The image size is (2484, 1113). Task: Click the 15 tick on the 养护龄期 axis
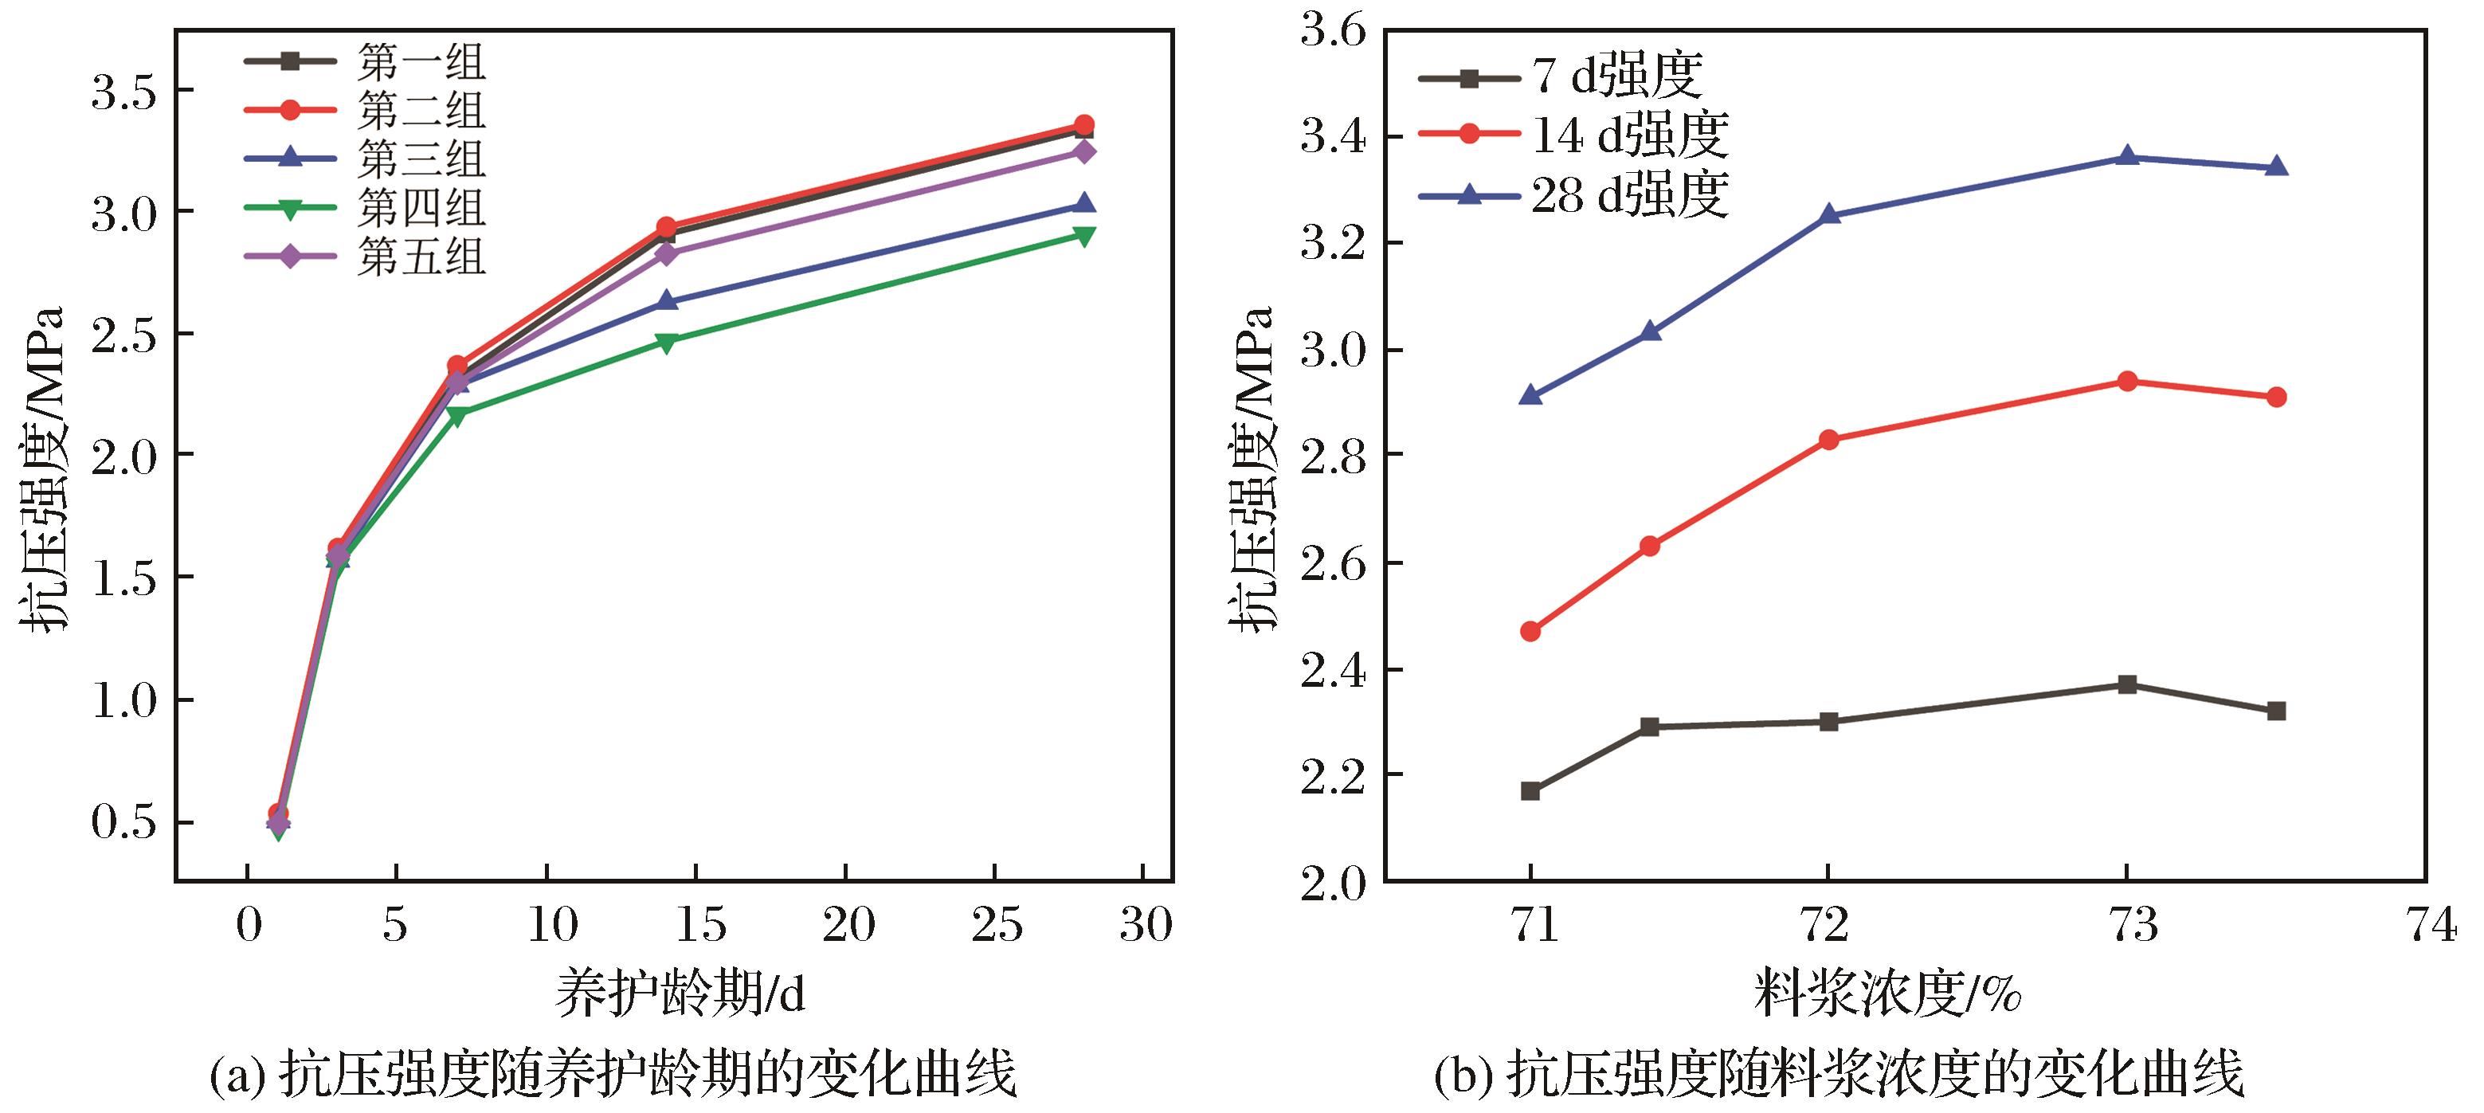(x=695, y=926)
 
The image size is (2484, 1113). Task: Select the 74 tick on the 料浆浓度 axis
(x=2426, y=926)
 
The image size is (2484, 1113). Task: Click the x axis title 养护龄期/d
(x=679, y=993)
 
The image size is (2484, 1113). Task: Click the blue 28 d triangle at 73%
(x=2127, y=156)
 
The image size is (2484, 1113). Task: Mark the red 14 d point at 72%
(x=1828, y=440)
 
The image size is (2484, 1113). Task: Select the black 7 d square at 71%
(x=1530, y=791)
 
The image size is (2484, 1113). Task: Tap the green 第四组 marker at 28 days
(x=1083, y=235)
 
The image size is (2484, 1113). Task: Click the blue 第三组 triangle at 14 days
(x=665, y=301)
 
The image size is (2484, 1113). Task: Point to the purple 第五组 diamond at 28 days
(x=1083, y=151)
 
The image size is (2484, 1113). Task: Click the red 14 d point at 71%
(x=1530, y=632)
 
